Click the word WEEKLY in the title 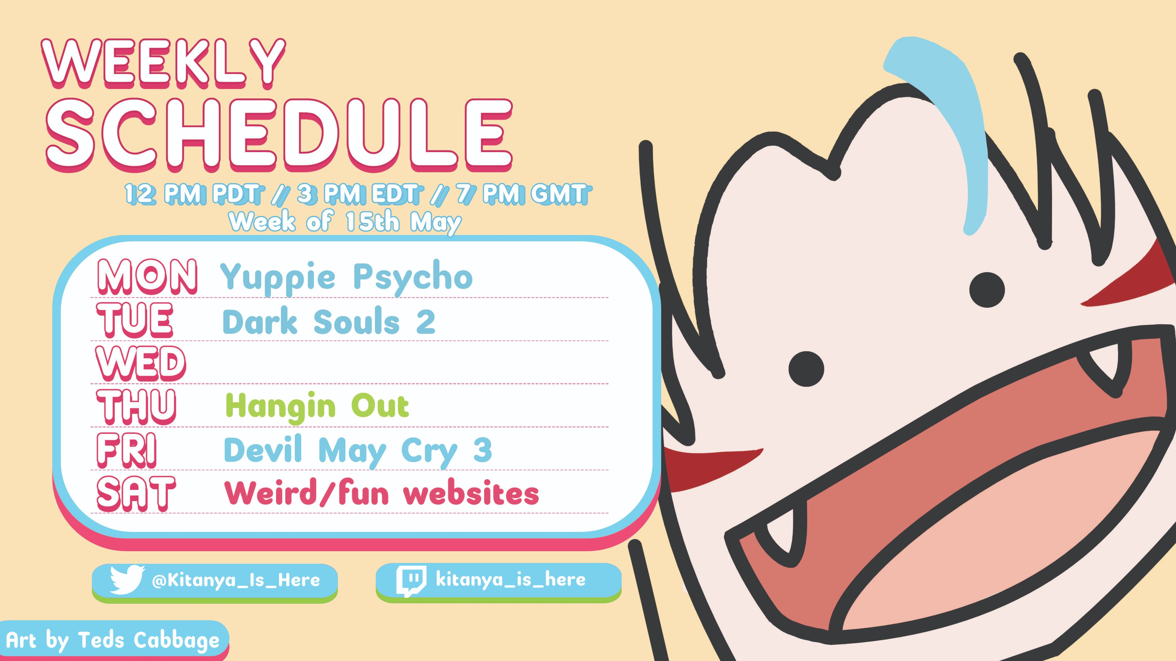pos(163,64)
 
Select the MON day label pos(147,277)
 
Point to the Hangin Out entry pos(317,406)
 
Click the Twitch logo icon pos(411,581)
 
